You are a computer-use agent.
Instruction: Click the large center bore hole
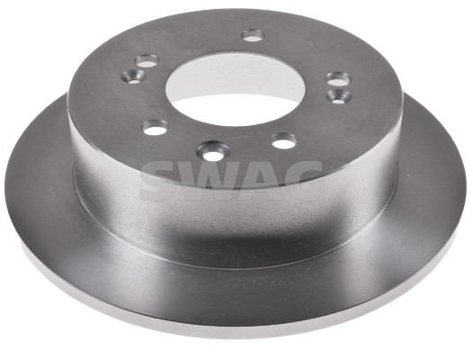(235, 89)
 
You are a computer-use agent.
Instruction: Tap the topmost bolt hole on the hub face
(253, 35)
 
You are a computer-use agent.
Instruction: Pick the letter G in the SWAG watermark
(301, 181)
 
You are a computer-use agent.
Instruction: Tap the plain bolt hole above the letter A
(283, 141)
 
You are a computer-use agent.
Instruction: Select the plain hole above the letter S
(156, 127)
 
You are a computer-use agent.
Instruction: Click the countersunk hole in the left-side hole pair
(133, 76)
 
